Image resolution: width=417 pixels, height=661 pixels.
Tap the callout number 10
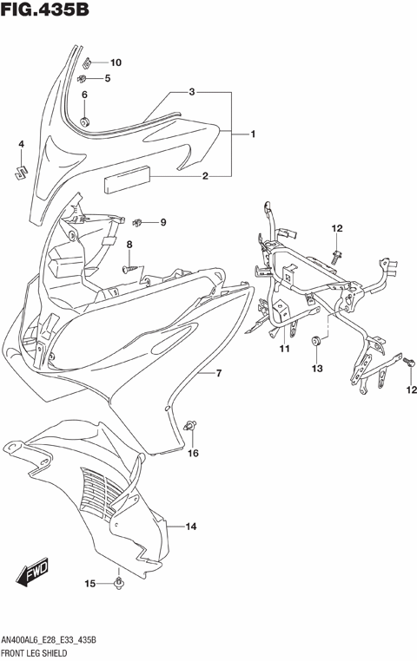point(116,62)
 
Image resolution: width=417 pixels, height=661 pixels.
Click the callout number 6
point(84,95)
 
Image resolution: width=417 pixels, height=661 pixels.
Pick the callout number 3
point(192,91)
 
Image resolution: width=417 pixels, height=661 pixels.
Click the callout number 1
point(253,134)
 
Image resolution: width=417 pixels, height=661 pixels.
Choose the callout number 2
point(205,177)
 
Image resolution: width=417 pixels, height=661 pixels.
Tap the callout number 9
point(162,223)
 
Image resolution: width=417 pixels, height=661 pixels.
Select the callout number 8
point(129,245)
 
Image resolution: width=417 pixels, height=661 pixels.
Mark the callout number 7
point(219,374)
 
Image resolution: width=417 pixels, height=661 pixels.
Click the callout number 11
point(283,349)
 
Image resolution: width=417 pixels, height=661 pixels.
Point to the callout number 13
point(317,369)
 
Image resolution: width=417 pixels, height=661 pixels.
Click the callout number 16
point(194,453)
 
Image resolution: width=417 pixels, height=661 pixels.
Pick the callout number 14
point(190,527)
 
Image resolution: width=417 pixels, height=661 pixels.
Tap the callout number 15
point(89,583)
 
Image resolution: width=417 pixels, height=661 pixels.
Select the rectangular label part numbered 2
point(127,182)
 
